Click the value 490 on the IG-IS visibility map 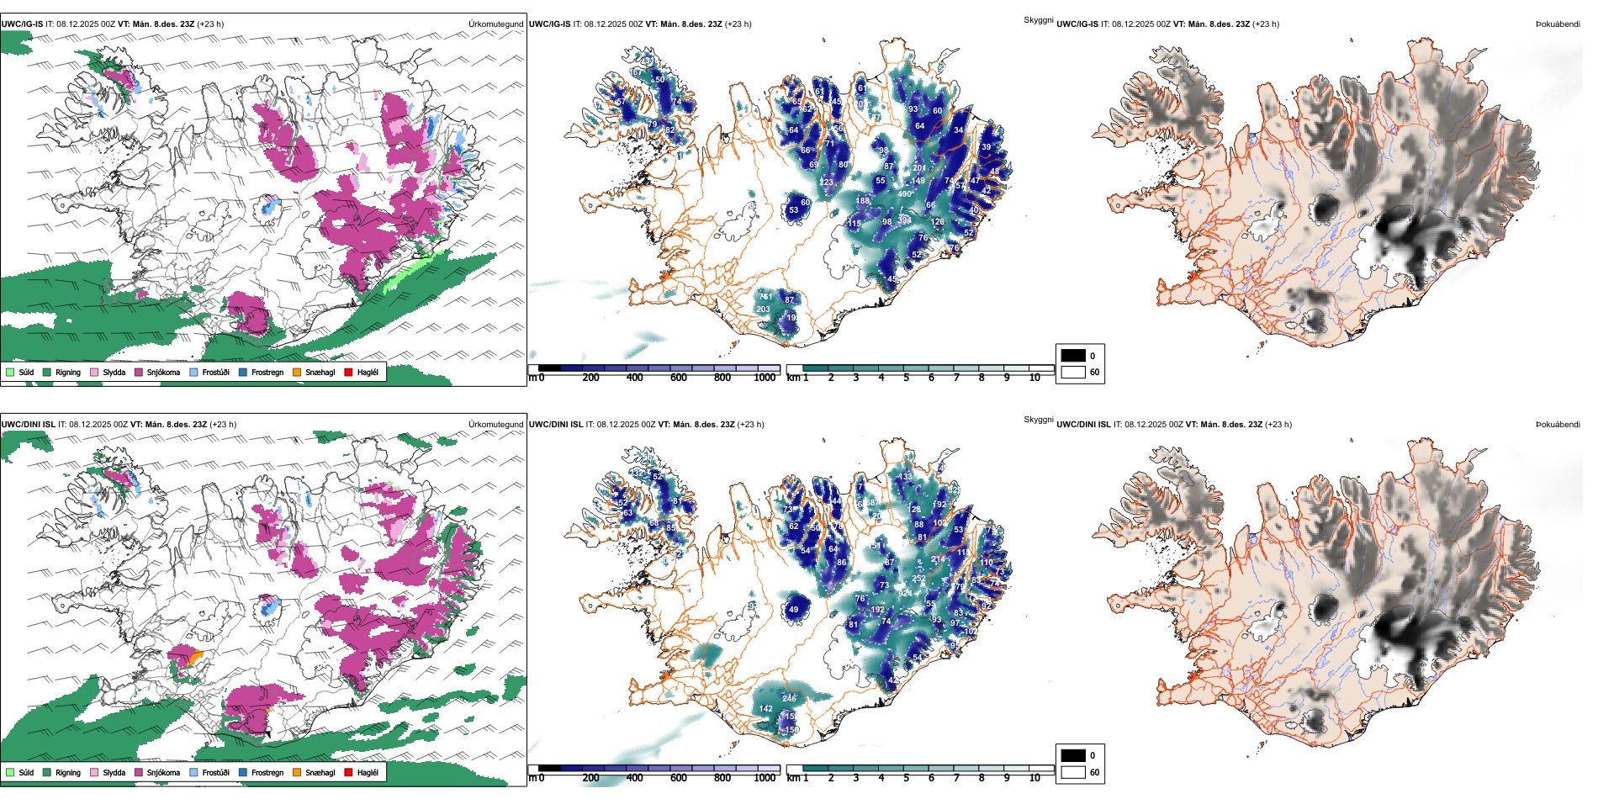[x=905, y=193]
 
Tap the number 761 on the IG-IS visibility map [x=765, y=297]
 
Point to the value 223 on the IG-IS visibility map [x=826, y=182]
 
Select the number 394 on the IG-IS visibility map [x=905, y=220]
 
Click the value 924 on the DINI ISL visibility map [x=905, y=594]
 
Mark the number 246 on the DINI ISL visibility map [x=789, y=698]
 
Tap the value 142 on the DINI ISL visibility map [x=765, y=709]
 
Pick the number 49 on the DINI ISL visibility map [x=793, y=610]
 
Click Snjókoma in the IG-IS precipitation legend [x=163, y=373]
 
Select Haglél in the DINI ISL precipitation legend [x=368, y=773]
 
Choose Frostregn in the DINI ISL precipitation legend [x=267, y=773]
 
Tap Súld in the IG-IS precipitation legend [x=26, y=373]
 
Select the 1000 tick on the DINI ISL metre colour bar [x=765, y=778]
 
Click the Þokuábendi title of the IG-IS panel [x=1558, y=24]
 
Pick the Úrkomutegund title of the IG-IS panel [x=495, y=24]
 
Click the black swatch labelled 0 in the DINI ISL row [x=1073, y=755]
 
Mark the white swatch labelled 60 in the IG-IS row [x=1073, y=372]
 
